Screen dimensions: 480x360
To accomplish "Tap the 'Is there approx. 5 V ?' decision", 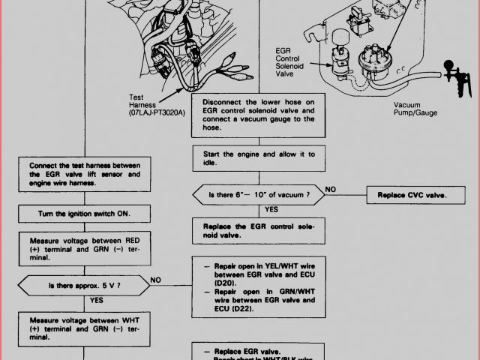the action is (84, 285).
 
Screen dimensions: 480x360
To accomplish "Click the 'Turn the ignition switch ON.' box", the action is (84, 214).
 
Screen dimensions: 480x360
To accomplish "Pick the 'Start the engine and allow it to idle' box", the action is (258, 158).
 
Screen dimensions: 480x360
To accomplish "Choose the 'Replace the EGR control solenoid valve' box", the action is (258, 229).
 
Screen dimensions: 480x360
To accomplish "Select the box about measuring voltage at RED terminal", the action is (84, 247).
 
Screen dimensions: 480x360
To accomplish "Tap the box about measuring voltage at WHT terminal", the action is (84, 327).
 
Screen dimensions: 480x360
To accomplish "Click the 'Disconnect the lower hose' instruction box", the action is (258, 115).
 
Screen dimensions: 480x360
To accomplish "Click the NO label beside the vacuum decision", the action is (331, 188).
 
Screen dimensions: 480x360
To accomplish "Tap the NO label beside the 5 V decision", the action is (156, 279).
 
